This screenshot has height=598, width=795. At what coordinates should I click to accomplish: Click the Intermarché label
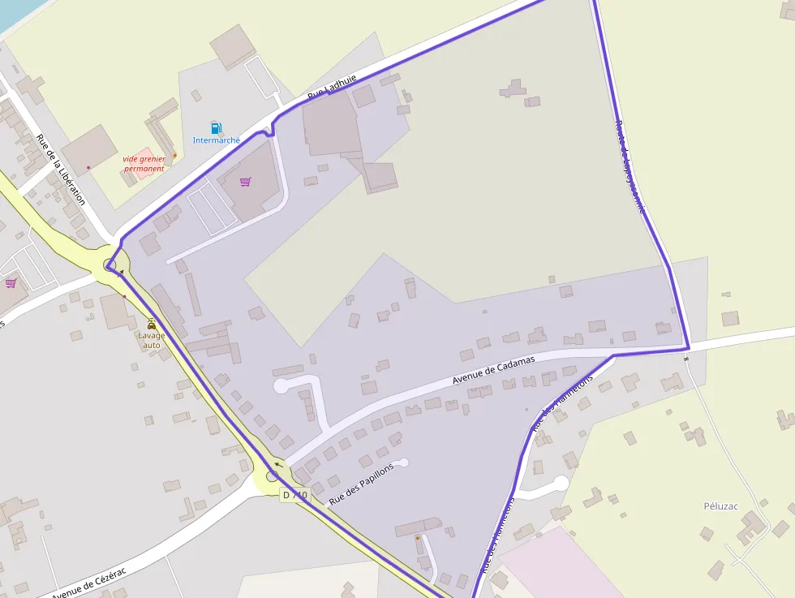click(x=216, y=140)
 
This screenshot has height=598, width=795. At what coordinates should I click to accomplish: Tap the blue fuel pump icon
click(x=216, y=127)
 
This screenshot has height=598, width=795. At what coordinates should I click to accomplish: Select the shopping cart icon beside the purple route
click(x=246, y=182)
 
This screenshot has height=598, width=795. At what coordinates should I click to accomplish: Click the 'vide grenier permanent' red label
click(x=144, y=164)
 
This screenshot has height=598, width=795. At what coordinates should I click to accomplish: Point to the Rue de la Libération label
click(x=61, y=170)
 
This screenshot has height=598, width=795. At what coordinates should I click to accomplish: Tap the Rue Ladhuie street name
click(x=332, y=88)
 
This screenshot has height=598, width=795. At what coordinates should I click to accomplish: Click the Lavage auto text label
click(x=152, y=340)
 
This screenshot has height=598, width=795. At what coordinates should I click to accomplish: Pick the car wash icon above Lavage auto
click(x=152, y=323)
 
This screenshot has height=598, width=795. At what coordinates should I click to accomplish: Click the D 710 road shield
click(x=295, y=494)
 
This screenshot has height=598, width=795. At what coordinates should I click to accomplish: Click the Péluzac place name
click(x=721, y=506)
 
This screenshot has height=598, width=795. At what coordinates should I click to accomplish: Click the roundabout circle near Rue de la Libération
click(x=111, y=265)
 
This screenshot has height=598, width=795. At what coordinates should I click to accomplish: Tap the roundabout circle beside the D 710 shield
click(x=273, y=476)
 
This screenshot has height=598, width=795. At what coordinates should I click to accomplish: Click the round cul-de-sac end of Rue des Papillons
click(x=403, y=462)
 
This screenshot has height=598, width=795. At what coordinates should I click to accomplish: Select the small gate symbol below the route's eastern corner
click(x=686, y=358)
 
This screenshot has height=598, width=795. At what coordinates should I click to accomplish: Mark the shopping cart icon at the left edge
click(x=11, y=283)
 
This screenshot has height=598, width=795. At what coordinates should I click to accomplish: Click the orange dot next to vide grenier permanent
click(x=174, y=155)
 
